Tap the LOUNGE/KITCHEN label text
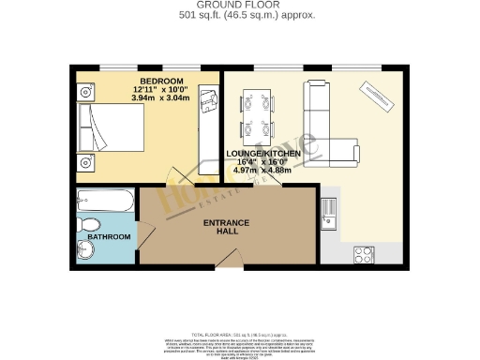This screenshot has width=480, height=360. pos(262,153)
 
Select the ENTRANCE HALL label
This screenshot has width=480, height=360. pos(228,227)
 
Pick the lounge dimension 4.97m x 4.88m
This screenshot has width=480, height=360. pos(263,172)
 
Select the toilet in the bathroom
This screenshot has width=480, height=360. pos(89,224)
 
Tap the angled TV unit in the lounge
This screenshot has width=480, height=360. pos(380,97)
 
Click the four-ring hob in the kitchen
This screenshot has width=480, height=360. pos(364,254)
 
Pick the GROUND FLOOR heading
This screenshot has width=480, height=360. pos(239,6)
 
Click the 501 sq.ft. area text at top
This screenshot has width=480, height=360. pos(239,16)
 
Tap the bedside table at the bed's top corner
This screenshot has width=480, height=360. pos(86,92)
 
